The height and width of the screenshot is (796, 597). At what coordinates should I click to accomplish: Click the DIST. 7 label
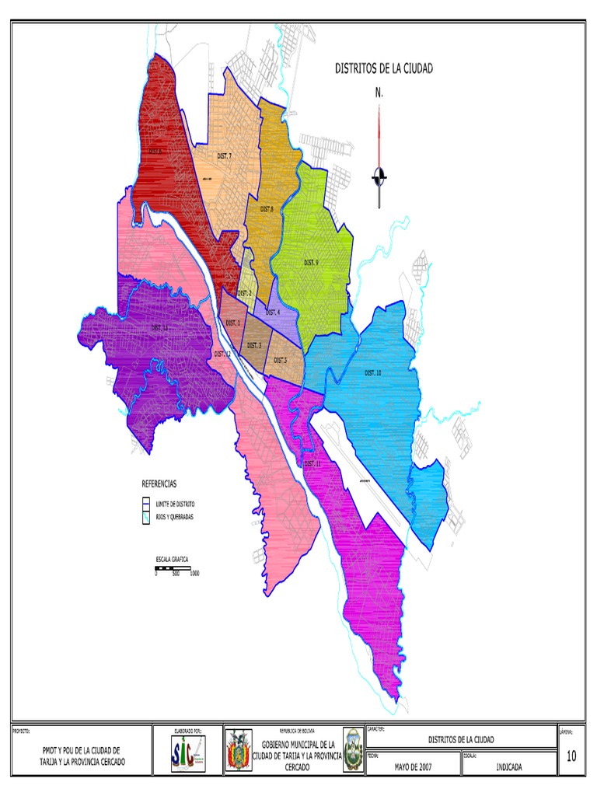225,157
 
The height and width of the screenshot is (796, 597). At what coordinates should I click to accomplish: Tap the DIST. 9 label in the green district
311,263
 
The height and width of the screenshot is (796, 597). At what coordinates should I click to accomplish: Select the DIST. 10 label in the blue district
373,373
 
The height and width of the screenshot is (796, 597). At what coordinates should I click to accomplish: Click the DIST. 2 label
244,293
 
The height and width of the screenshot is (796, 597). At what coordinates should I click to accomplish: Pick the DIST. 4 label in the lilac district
272,312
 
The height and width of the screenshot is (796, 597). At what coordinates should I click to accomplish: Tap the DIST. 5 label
280,361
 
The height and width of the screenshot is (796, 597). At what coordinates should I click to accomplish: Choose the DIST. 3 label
254,345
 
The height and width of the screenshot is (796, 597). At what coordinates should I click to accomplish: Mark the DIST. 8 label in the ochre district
267,209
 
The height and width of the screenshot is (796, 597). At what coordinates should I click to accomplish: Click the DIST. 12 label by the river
222,354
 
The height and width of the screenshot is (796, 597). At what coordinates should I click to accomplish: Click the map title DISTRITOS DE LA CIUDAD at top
384,68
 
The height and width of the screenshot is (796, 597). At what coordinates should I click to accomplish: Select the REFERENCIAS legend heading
159,483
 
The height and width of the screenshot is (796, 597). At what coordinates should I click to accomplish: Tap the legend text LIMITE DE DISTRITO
176,504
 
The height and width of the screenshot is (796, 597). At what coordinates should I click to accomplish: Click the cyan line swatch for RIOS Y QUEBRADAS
145,517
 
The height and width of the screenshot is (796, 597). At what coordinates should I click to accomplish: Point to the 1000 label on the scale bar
194,574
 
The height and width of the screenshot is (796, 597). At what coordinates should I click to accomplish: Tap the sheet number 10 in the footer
571,756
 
